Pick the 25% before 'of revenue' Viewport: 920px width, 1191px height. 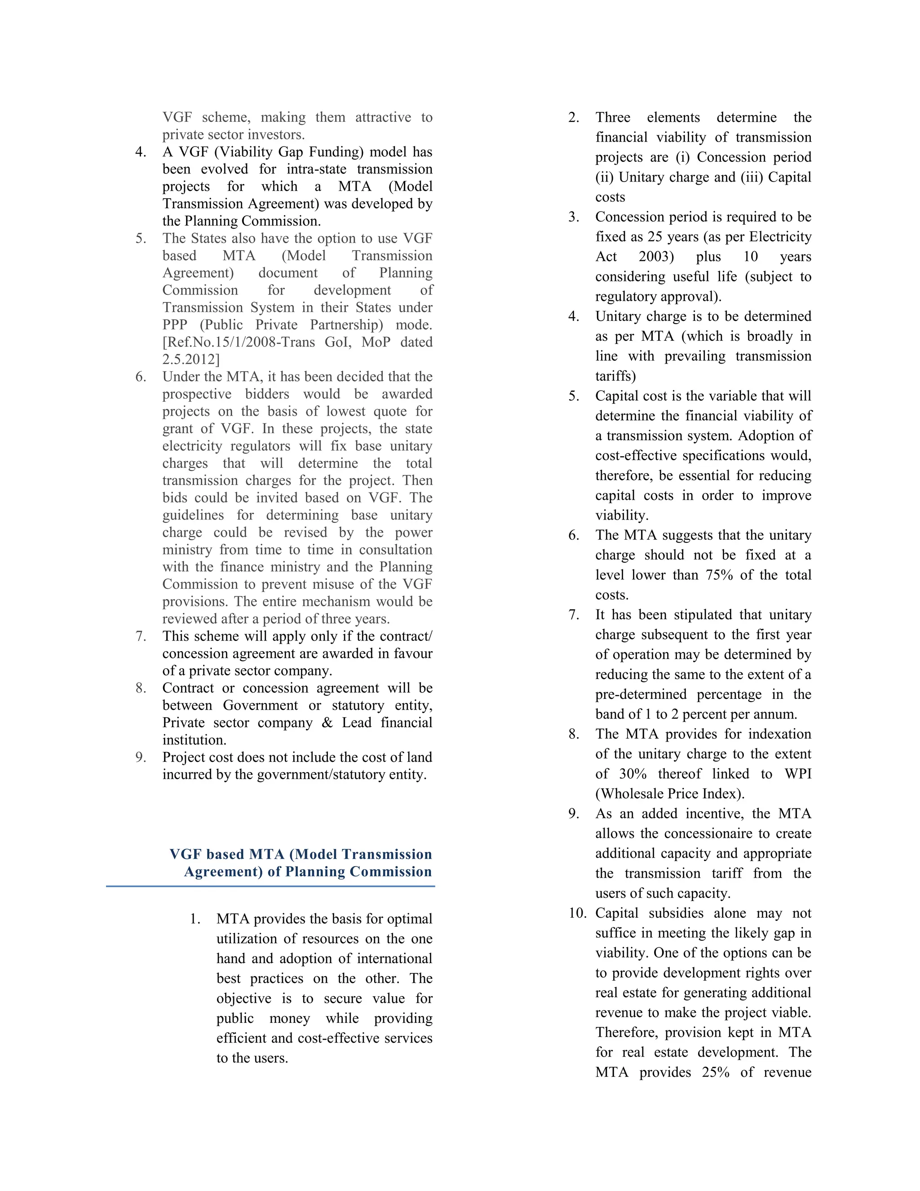coord(716,1073)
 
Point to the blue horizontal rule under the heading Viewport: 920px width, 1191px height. coord(270,887)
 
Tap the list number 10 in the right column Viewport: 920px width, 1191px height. coord(577,913)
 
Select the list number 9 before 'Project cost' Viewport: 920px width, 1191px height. coord(141,757)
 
